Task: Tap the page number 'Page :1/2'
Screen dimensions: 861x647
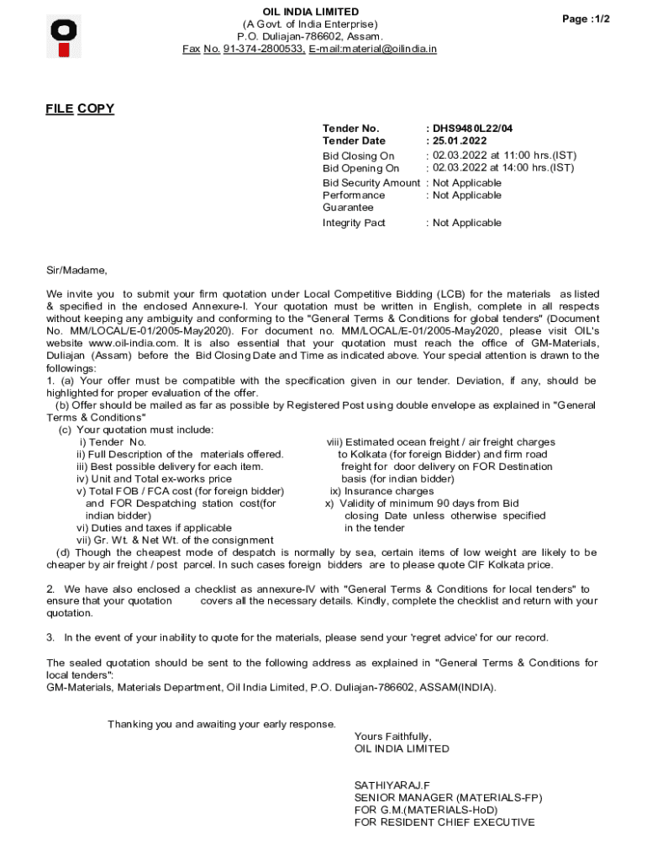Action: click(587, 19)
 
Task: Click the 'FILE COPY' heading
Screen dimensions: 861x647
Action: click(80, 108)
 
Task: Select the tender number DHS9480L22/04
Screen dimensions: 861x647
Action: click(472, 129)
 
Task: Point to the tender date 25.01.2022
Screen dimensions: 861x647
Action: click(460, 141)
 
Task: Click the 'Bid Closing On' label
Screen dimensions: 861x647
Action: click(358, 156)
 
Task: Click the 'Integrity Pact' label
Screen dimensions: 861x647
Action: click(354, 223)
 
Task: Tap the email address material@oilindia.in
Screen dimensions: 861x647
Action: click(384, 50)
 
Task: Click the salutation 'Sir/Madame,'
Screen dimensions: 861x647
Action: click(76, 270)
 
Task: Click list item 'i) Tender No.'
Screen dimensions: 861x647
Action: click(113, 441)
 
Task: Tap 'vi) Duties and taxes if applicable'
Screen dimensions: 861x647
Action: click(154, 528)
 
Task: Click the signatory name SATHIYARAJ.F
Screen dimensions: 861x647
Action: click(392, 785)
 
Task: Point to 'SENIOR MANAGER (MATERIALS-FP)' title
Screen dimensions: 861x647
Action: click(448, 798)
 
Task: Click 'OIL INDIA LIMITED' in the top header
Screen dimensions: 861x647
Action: click(311, 12)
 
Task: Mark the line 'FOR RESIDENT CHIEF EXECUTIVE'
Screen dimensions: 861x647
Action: click(444, 822)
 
